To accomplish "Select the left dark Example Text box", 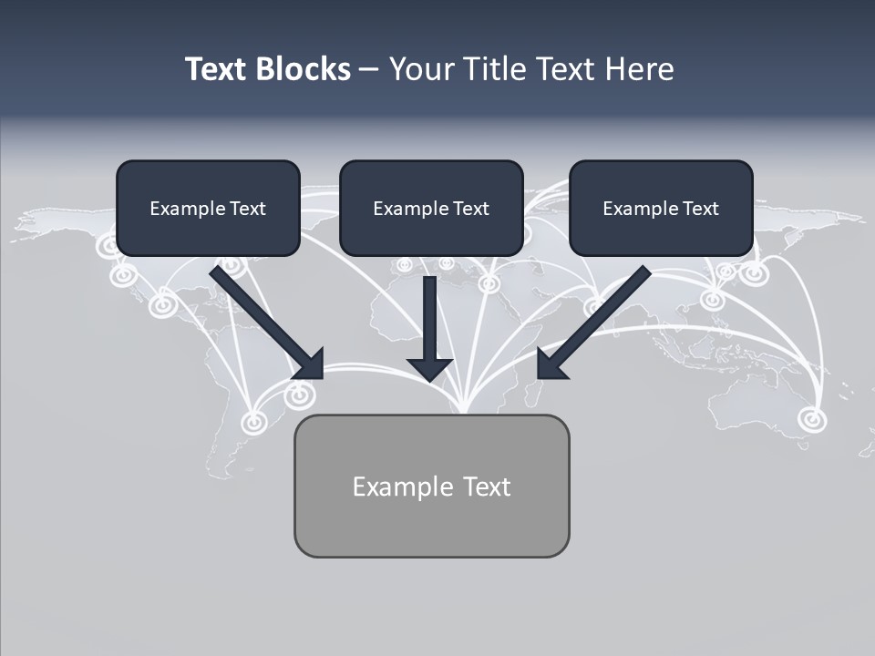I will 208,208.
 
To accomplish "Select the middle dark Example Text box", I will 431,208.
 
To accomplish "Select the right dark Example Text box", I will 661,208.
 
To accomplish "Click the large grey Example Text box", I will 431,486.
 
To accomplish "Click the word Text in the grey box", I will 487,487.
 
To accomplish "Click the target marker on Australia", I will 811,419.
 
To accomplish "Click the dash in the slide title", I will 369,69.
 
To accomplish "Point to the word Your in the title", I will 418,69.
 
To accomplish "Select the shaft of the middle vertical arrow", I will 429,314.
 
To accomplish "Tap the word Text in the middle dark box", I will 471,209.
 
